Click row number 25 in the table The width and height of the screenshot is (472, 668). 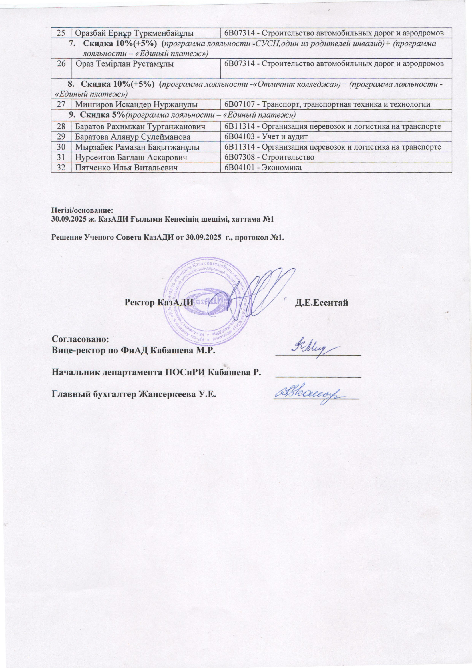coord(61,33)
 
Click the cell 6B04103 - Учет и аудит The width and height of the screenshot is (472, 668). coord(265,136)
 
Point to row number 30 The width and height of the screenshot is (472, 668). coord(61,147)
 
